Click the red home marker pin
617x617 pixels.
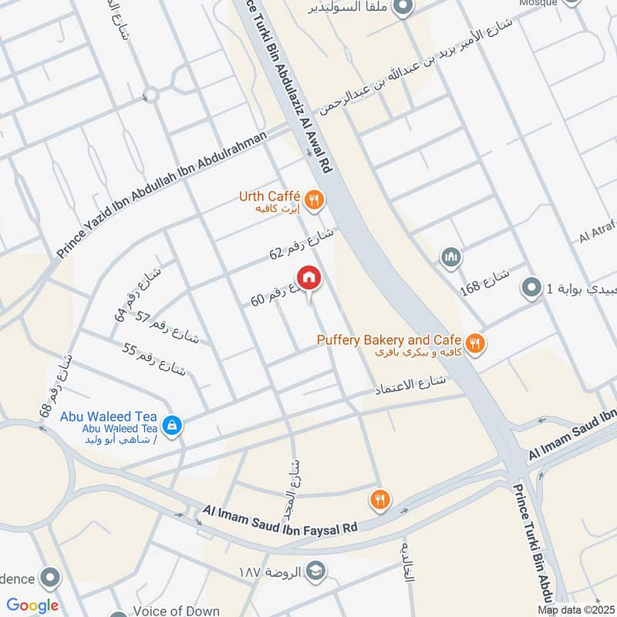click(308, 278)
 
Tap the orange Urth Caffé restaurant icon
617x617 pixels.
click(313, 200)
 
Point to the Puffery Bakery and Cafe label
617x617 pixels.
click(389, 340)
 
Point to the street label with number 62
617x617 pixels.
click(302, 244)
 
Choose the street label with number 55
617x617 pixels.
click(154, 358)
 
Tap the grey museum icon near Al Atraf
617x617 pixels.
click(451, 256)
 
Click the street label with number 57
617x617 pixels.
click(167, 328)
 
